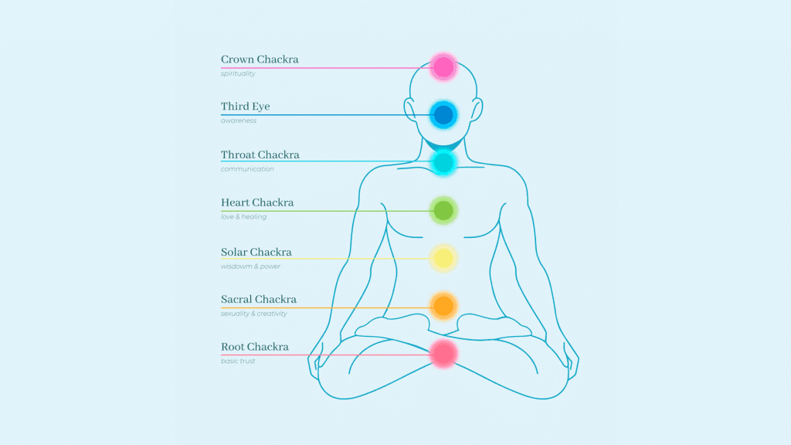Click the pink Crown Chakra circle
[443, 67]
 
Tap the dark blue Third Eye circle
[443, 115]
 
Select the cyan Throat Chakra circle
[443, 162]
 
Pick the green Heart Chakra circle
[443, 210]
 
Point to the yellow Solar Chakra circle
[443, 259]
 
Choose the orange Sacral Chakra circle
[443, 306]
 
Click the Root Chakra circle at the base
[443, 354]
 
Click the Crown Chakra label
[260, 59]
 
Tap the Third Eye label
[246, 107]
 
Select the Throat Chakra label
[260, 155]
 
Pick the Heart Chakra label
[257, 203]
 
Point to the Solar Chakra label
[256, 253]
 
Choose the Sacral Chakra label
[259, 300]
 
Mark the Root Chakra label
[255, 348]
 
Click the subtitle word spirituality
[238, 73]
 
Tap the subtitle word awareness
[239, 121]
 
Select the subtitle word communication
[247, 169]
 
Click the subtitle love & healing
[243, 217]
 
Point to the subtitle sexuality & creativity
[253, 314]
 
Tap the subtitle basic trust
[238, 362]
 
